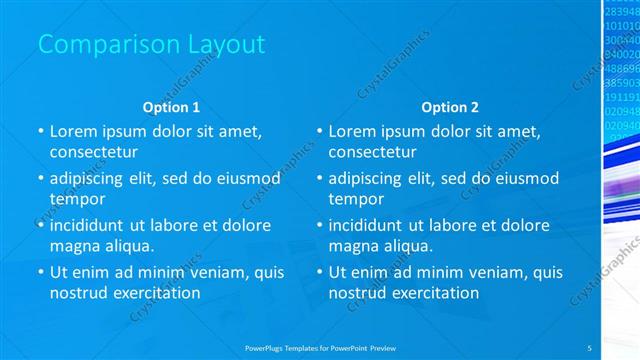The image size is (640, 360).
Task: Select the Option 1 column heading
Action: [172, 107]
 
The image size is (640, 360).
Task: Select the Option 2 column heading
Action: [450, 107]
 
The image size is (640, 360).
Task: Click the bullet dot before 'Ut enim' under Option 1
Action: [41, 271]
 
